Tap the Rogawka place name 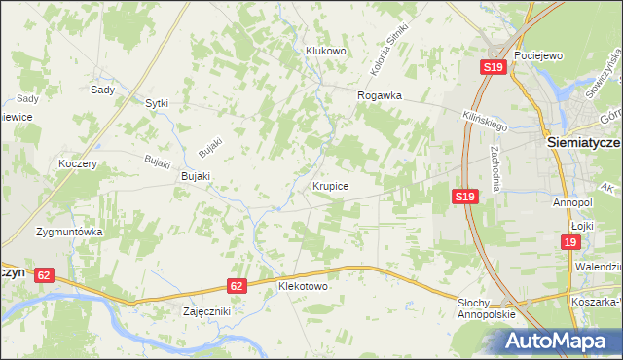380,95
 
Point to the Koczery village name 78,164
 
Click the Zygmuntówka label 69,234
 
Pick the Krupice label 331,185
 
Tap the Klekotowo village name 304,288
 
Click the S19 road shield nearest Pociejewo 493,67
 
